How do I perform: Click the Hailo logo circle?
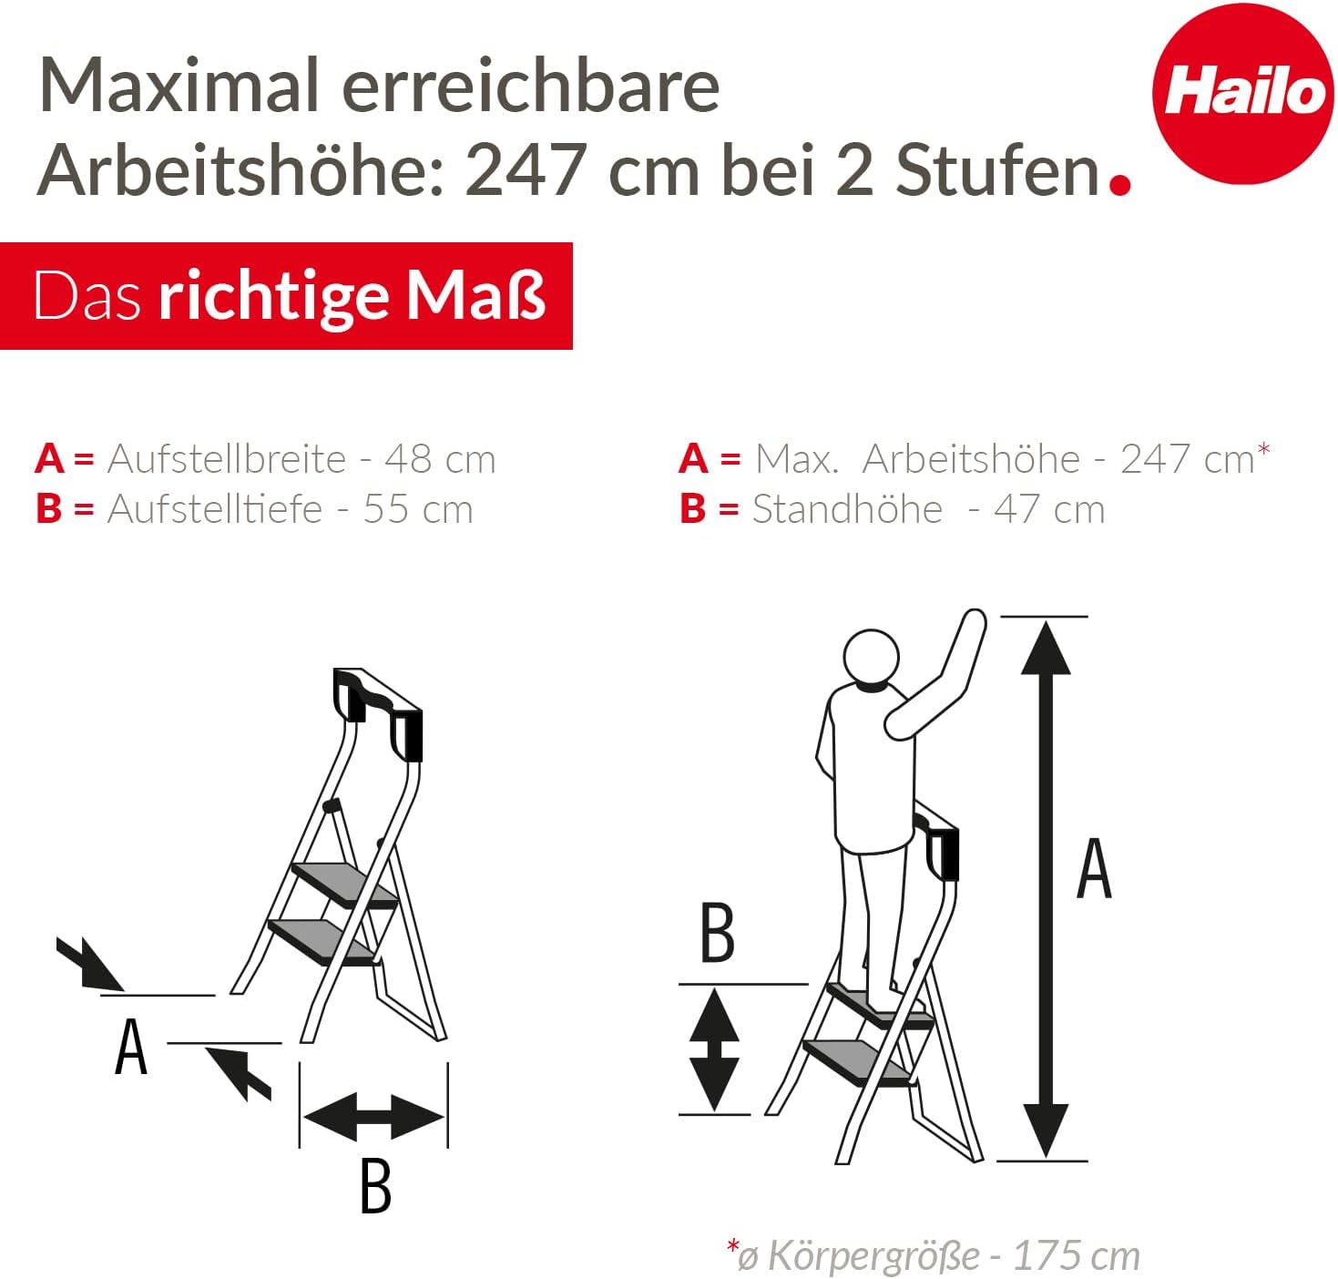click(x=1242, y=93)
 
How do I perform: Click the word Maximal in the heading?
click(x=179, y=87)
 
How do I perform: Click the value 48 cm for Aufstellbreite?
click(x=440, y=459)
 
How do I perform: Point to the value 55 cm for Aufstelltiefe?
click(x=418, y=509)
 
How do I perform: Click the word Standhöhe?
click(x=847, y=509)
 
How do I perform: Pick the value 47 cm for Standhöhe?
click(x=1049, y=509)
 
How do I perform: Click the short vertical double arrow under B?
click(x=714, y=1049)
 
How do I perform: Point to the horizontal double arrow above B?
click(x=373, y=1116)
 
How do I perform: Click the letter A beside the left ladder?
click(x=131, y=1047)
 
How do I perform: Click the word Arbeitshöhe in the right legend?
click(x=971, y=459)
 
